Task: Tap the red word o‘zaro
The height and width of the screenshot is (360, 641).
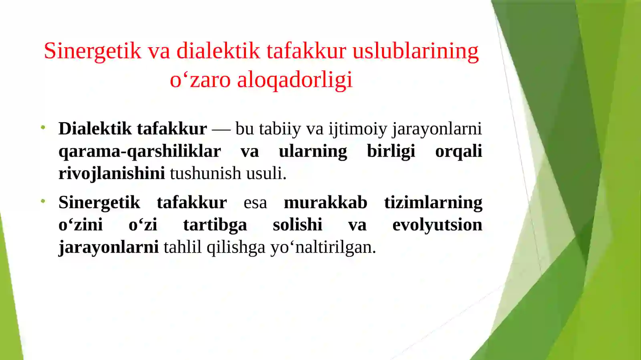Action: pyautogui.click(x=200, y=80)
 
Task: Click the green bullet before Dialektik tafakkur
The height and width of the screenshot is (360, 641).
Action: pyautogui.click(x=43, y=128)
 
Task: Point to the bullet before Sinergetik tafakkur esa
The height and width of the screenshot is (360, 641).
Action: pyautogui.click(x=43, y=201)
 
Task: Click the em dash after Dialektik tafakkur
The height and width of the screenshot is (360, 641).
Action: pyautogui.click(x=221, y=129)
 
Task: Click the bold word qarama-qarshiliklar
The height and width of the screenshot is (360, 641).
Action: pyautogui.click(x=139, y=151)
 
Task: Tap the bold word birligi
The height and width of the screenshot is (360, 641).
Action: pyautogui.click(x=391, y=151)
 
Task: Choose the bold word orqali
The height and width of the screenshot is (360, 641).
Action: pyautogui.click(x=458, y=151)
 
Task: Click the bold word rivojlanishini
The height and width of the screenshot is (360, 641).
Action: pyautogui.click(x=111, y=174)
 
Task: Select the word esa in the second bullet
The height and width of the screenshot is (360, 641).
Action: pyautogui.click(x=255, y=203)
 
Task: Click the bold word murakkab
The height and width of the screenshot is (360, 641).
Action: pyautogui.click(x=325, y=203)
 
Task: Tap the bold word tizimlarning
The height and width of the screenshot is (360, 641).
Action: pyautogui.click(x=433, y=203)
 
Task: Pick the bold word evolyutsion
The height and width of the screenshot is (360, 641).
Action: pyautogui.click(x=437, y=225)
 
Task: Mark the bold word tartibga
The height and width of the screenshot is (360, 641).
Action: pyautogui.click(x=215, y=225)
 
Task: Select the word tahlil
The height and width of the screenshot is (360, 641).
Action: pyautogui.click(x=182, y=247)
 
